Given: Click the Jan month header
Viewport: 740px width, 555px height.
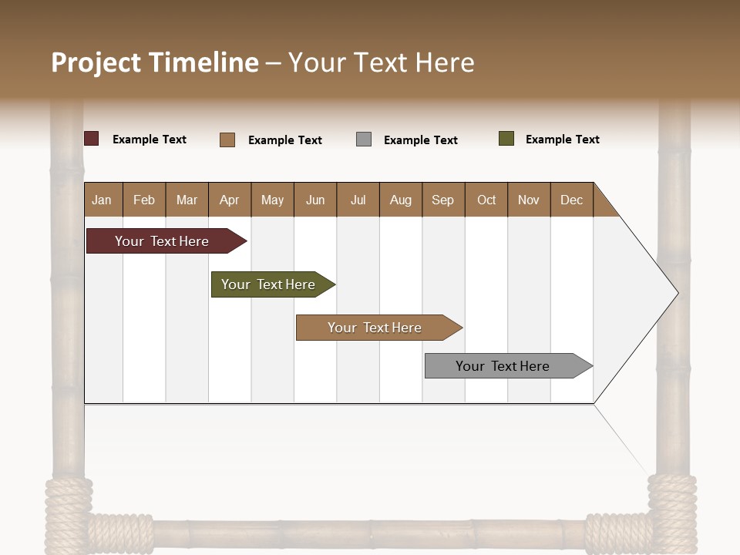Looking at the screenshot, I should click(102, 200).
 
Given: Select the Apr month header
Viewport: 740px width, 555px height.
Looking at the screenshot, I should click(229, 200).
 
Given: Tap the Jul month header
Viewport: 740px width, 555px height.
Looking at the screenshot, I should click(358, 200).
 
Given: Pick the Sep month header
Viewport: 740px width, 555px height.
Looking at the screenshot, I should click(442, 200).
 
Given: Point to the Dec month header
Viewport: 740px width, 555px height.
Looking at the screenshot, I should click(571, 200).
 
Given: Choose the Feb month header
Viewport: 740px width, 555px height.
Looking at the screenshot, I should click(144, 200).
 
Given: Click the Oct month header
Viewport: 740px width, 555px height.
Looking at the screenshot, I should click(486, 200).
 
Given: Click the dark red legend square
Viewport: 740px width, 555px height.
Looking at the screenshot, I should click(92, 139).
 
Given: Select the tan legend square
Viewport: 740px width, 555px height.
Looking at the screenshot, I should click(227, 140).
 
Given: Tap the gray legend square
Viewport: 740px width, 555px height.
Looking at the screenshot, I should click(364, 139).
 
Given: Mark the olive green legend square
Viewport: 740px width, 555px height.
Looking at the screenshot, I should click(506, 139).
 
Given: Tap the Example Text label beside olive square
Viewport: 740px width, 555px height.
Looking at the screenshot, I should click(562, 140).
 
